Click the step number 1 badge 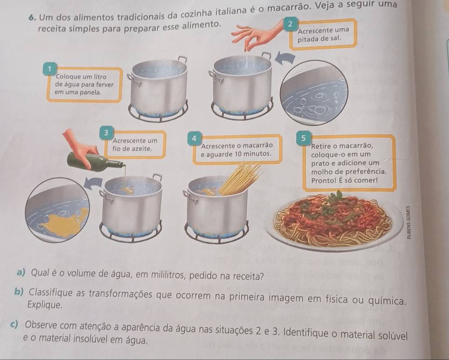point(49,69)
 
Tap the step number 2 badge point(291,24)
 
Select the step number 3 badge point(106,133)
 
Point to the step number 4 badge point(194,138)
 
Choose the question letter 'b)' point(20,293)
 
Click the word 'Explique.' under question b point(45,305)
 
